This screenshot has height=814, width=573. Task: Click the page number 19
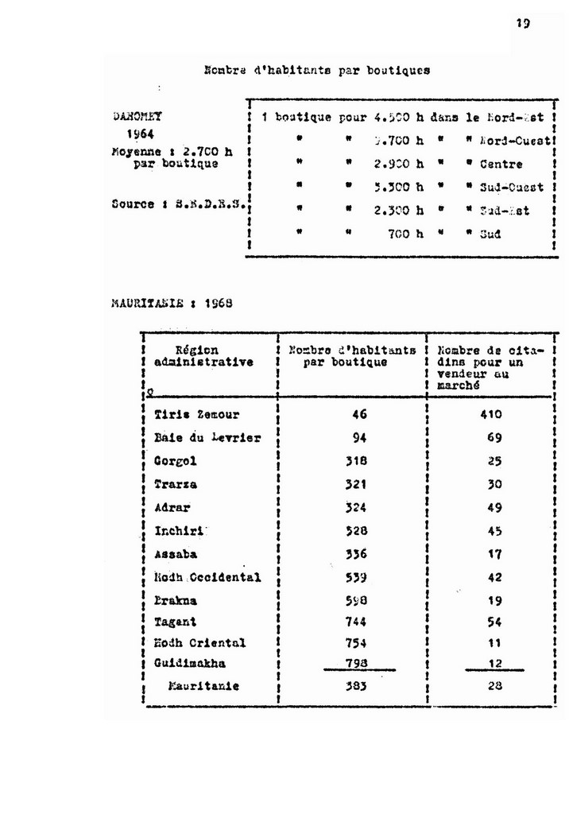point(522,24)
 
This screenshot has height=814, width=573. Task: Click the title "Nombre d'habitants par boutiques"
point(317,70)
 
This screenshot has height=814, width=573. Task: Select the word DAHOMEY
point(137,115)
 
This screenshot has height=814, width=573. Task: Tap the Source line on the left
point(180,203)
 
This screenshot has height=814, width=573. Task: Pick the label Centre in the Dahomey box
point(501,165)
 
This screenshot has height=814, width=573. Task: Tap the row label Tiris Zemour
point(196,414)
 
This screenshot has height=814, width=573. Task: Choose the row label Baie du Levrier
point(207,438)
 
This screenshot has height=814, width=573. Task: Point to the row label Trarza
point(176,484)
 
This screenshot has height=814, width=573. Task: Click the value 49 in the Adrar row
point(494,507)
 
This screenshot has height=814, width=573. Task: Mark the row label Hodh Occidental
point(207,577)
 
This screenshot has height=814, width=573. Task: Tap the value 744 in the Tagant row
point(354,622)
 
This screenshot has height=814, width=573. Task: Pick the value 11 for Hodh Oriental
point(494,642)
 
